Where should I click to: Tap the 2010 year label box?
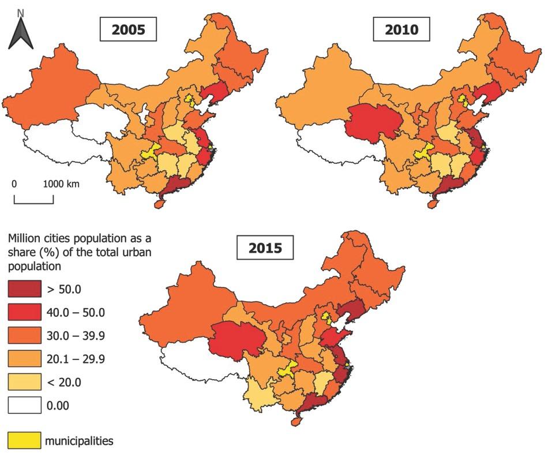click(x=403, y=30)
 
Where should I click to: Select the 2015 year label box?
click(x=266, y=248)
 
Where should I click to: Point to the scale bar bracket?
click(x=33, y=200)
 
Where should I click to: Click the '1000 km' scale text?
click(x=61, y=185)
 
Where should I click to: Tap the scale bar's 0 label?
click(x=14, y=185)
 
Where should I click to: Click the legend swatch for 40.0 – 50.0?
click(x=24, y=312)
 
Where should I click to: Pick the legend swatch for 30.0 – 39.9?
click(x=24, y=335)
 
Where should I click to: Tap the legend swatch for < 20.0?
click(x=24, y=382)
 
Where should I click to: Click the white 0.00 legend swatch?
click(x=24, y=405)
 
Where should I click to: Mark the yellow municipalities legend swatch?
click(x=24, y=441)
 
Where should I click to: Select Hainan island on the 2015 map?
click(x=296, y=421)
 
